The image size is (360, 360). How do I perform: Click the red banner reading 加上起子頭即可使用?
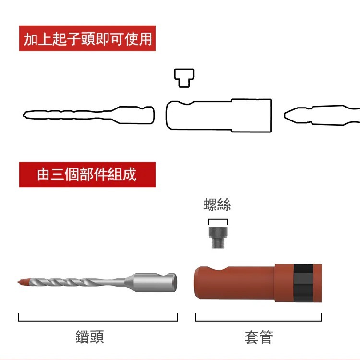coord(88,39)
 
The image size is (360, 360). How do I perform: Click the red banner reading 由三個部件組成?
coord(87,174)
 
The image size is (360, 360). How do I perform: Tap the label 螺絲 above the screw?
coord(217,205)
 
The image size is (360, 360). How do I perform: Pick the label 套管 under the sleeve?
coord(259,337)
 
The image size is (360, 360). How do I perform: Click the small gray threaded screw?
coord(217,238)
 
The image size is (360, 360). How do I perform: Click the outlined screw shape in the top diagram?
coord(184,78)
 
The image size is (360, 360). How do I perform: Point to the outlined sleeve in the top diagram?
coord(218,115)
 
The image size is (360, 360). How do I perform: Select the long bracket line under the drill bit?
coord(97,320)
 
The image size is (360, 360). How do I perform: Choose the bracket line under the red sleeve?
coord(258,320)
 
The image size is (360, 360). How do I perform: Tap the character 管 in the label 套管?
coord(266,337)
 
